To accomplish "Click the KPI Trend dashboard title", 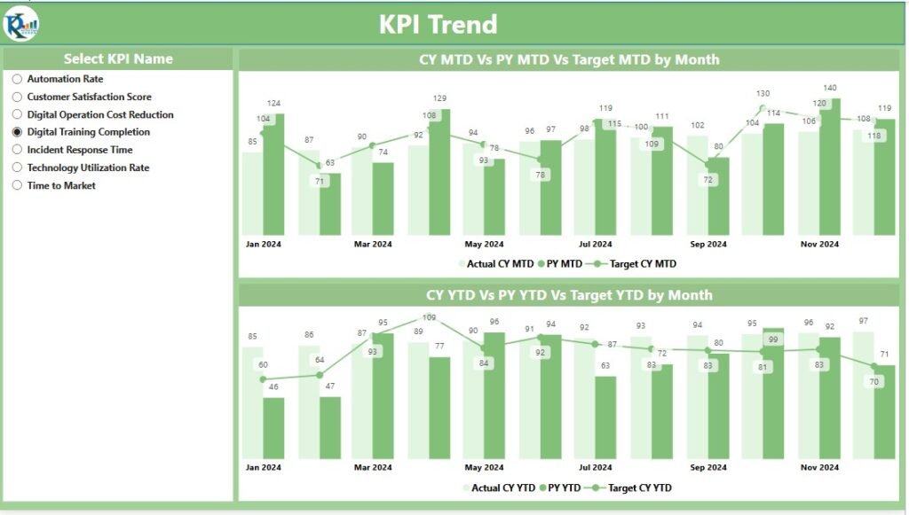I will click(438, 24).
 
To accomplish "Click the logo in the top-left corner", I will click(20, 24).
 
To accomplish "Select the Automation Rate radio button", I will click(17, 79).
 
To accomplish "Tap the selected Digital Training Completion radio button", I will click(17, 132).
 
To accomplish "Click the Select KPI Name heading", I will click(118, 59).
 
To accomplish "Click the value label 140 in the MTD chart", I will click(830, 88).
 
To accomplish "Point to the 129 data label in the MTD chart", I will click(439, 98).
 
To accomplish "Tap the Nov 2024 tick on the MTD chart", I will click(818, 244).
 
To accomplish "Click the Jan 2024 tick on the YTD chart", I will click(263, 466).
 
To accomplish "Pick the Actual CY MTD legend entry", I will click(496, 263).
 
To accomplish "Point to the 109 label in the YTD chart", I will click(429, 317).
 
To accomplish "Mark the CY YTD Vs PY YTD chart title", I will click(569, 295).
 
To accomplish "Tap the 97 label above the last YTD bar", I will click(864, 321).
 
